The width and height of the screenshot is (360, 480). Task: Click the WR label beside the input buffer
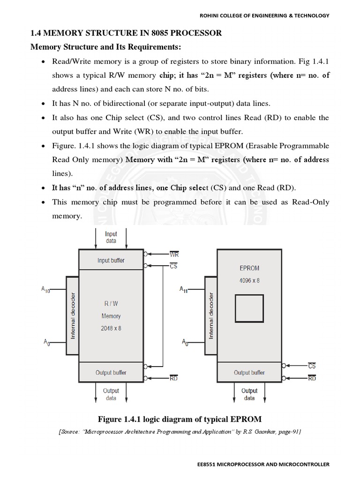(174, 255)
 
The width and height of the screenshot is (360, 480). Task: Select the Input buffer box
(111, 260)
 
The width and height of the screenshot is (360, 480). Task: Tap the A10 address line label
(45, 290)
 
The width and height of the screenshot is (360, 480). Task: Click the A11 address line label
(183, 290)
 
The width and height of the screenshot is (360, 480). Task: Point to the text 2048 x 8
(111, 328)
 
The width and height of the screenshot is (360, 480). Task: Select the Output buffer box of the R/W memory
(111, 373)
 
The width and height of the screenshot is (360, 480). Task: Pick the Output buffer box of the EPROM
(249, 373)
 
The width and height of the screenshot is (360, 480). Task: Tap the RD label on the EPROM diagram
(312, 378)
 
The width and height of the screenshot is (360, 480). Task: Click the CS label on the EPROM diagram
(312, 366)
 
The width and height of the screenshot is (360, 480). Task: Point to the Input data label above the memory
(111, 237)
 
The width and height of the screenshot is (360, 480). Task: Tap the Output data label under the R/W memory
(111, 394)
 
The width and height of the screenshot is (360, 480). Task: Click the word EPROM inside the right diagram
(249, 269)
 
